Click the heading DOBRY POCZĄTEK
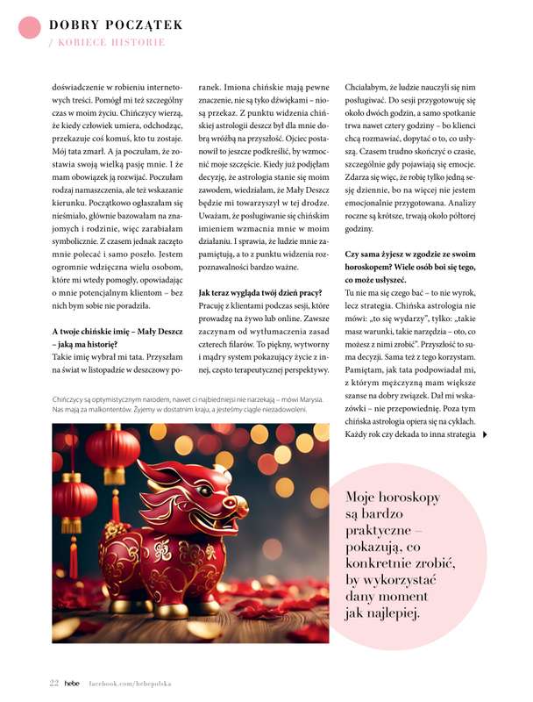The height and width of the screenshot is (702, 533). [116, 25]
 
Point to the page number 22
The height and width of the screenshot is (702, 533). [53, 682]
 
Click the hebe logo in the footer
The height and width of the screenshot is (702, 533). [73, 682]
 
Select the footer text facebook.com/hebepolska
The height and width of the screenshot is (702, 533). [129, 682]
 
